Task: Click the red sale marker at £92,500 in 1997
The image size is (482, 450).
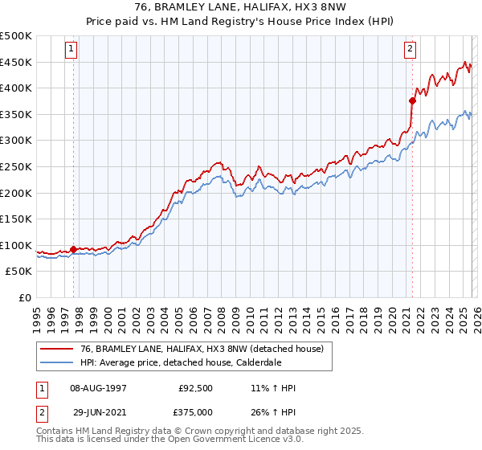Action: [73, 249]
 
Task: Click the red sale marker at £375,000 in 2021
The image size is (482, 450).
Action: [412, 100]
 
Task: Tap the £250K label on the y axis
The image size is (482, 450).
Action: [16, 166]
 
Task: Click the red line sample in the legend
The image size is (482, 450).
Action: [57, 349]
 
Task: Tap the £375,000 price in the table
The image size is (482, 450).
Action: [195, 411]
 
